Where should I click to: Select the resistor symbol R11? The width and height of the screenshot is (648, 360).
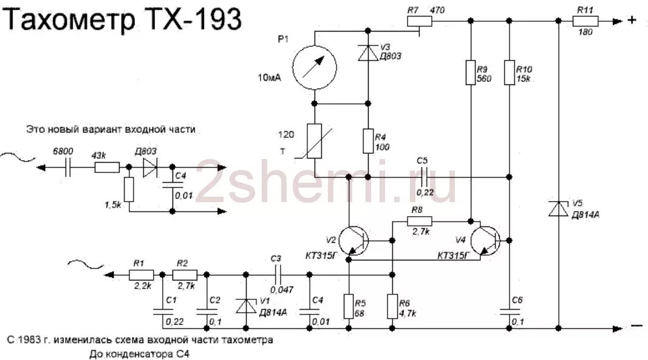585,21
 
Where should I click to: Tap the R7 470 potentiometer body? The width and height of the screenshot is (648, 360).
419,21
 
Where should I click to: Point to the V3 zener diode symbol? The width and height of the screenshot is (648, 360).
368,54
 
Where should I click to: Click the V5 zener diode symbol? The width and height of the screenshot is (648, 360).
558,209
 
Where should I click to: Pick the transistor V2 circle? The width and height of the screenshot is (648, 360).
353,240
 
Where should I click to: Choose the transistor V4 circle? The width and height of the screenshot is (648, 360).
485,240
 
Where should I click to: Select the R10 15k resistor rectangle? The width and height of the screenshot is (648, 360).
510,72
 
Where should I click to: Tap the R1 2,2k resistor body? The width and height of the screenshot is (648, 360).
140,275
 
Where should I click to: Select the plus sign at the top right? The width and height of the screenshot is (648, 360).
632,21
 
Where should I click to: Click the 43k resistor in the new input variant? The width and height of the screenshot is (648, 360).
107,167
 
